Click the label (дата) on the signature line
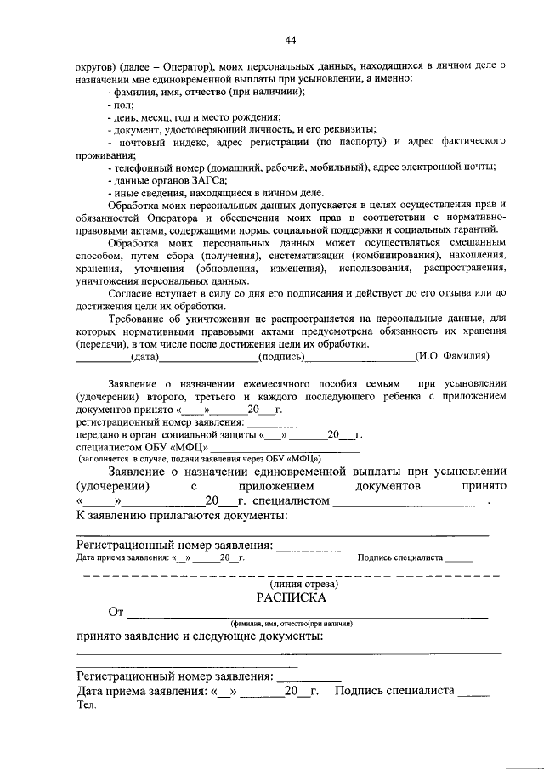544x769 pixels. pyautogui.click(x=145, y=358)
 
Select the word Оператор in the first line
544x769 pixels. pyautogui.click(x=184, y=65)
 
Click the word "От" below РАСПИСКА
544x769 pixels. pyautogui.click(x=116, y=611)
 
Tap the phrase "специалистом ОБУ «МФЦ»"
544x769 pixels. pyautogui.click(x=141, y=448)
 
